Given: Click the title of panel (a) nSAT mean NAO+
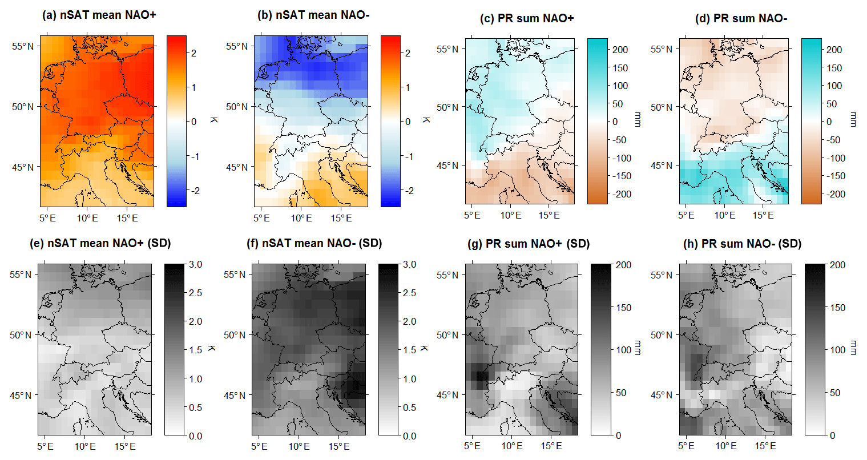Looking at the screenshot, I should click(x=99, y=15).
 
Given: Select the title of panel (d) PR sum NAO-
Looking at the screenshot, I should click(x=741, y=18).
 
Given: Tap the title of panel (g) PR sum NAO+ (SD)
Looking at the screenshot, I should click(x=528, y=244).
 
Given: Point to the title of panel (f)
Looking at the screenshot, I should click(x=314, y=243).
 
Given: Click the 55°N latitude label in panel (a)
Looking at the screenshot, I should click(x=23, y=46).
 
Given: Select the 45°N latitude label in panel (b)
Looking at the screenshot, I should click(x=237, y=167).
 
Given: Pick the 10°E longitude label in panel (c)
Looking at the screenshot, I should click(x=511, y=215).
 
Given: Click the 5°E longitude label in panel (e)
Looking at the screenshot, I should click(x=46, y=446).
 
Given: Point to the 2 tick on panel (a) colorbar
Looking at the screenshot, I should click(x=194, y=53).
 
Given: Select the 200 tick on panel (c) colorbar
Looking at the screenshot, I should click(x=620, y=50).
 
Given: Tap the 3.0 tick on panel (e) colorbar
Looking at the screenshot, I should click(x=196, y=265).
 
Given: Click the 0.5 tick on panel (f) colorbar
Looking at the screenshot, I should click(x=409, y=407).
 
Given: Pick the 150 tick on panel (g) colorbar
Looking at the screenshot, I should click(x=623, y=308).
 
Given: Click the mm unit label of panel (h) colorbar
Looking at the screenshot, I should click(x=853, y=348).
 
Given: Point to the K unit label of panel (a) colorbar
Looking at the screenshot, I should click(x=212, y=120).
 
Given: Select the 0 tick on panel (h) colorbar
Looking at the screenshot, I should click(x=832, y=435).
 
